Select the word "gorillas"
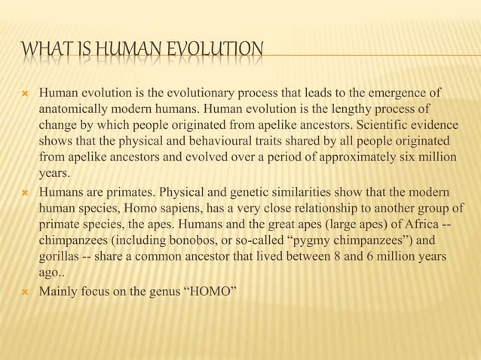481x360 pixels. click(61, 257)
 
